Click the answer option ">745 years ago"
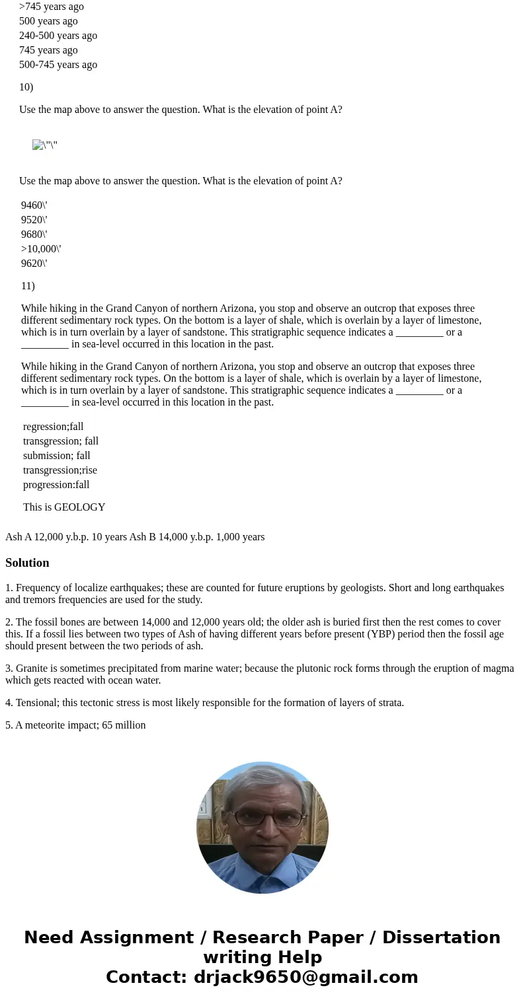52,7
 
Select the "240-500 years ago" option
58,36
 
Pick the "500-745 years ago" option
58,65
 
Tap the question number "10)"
26,87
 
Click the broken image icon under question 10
38,145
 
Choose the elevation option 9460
34,205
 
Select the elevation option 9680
34,234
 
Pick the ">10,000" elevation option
41,249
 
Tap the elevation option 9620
34,264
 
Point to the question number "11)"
28,286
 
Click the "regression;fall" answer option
54,427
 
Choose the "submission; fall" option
57,456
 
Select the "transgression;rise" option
60,470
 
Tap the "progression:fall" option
56,485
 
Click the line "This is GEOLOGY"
64,507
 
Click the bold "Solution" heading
27,563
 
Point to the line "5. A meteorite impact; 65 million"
75,725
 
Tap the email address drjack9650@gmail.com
305,977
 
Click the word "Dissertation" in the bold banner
441,938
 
